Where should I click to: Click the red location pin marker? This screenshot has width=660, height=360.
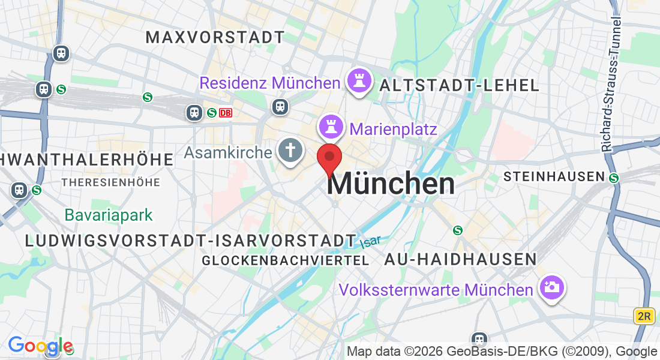[329, 157]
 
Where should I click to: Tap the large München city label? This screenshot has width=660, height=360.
[391, 184]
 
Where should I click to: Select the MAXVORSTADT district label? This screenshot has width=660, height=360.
[215, 37]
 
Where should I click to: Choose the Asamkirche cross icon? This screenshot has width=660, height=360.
[290, 151]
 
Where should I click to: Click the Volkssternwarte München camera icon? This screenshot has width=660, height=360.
[550, 288]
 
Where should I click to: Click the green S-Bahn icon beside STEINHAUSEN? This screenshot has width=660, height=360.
[614, 178]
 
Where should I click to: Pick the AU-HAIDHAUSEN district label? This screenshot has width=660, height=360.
[460, 259]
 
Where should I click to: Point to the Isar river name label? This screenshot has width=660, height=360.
[371, 242]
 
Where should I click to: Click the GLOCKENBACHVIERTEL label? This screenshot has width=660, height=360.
[285, 260]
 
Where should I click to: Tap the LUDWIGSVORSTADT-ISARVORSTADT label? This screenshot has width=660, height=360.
[191, 241]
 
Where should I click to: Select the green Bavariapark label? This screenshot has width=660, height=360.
[109, 215]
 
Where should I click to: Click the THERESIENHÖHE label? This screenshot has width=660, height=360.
[110, 182]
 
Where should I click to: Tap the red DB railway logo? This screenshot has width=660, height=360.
[225, 112]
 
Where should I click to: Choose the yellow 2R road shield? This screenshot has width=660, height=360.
[643, 316]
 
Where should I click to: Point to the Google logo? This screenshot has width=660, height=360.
[40, 346]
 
